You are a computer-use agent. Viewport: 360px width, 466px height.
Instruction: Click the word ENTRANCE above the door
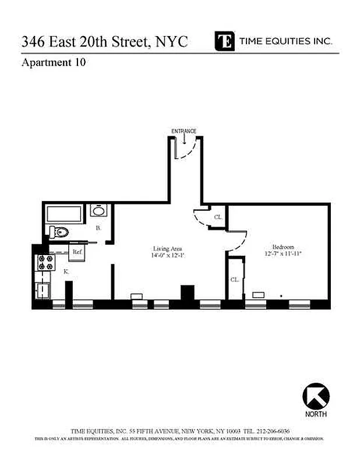183,131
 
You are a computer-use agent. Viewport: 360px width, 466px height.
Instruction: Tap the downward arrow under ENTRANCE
183,140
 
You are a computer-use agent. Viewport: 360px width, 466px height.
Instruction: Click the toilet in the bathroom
58,232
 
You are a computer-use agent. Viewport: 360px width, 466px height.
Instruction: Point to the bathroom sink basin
99,211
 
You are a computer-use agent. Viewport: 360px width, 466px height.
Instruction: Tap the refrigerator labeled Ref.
76,252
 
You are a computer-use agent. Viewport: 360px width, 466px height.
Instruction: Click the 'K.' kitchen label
66,271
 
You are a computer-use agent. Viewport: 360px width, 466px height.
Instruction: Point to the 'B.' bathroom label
98,229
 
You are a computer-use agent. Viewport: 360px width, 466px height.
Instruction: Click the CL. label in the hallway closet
218,217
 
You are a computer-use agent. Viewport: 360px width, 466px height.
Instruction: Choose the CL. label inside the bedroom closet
234,280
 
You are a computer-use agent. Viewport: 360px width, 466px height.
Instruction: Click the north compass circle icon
316,397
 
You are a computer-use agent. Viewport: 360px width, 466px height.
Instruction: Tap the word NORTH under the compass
316,414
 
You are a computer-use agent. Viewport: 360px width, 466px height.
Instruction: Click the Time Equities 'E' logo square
224,41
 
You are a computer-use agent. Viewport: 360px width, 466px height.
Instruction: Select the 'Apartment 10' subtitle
54,63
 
